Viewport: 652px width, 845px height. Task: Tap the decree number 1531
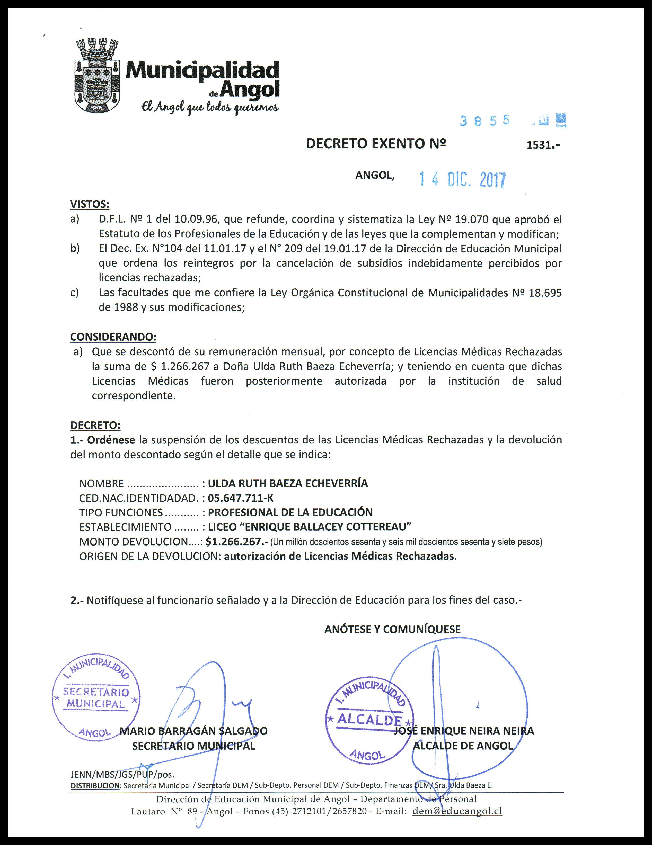543,146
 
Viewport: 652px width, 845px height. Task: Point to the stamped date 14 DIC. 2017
462,180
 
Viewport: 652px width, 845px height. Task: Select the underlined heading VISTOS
90,204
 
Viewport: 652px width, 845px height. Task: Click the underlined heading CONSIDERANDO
113,337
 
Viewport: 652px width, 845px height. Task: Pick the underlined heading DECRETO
95,425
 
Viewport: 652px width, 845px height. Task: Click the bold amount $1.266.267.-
237,541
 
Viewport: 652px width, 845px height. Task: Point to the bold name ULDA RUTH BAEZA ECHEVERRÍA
288,483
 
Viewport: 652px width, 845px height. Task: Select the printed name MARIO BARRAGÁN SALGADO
193,731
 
